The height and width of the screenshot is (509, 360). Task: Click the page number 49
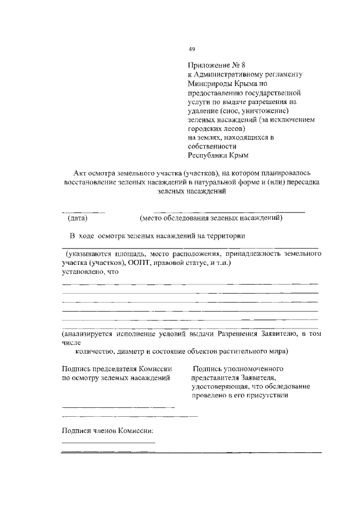(x=192, y=49)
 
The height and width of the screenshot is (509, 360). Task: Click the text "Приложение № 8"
(x=211, y=65)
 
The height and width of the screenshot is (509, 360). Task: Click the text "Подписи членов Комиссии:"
(x=107, y=431)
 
